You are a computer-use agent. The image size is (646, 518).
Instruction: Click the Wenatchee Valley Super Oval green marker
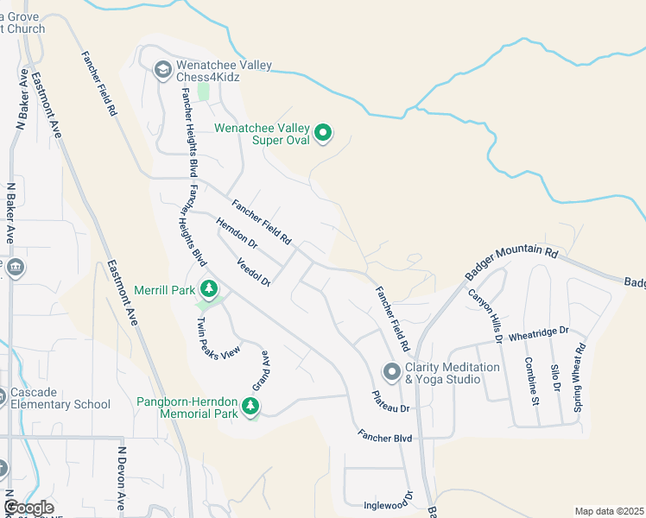click(323, 132)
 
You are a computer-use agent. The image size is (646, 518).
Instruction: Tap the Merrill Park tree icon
click(207, 288)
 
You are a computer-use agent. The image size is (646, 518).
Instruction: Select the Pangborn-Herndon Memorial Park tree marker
click(250, 405)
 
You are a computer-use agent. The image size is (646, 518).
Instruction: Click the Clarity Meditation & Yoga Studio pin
click(391, 371)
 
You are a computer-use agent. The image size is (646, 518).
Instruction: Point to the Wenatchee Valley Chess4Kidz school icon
click(162, 69)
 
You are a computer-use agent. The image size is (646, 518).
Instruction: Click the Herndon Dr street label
click(236, 233)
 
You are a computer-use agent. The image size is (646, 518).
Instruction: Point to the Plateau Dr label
click(389, 401)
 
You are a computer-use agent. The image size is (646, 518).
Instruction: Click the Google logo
click(29, 508)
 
